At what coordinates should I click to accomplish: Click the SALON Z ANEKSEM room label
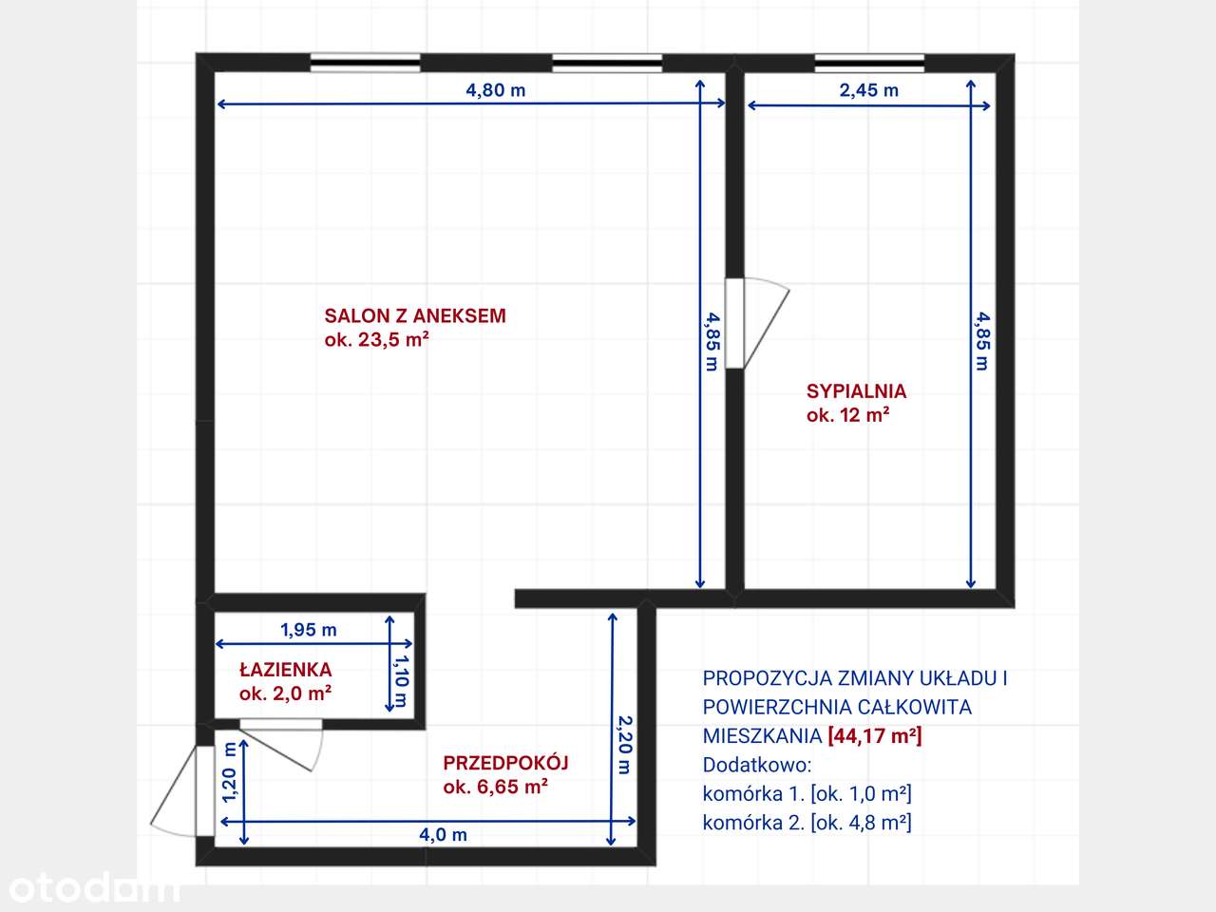(x=415, y=316)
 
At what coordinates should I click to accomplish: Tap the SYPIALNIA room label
(x=856, y=390)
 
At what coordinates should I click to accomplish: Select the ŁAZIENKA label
(x=285, y=670)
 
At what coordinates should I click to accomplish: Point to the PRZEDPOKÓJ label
(x=505, y=763)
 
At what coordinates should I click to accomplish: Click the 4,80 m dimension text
(x=495, y=90)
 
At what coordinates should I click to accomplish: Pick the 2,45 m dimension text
(x=868, y=90)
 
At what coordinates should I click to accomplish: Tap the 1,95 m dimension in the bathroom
(x=308, y=630)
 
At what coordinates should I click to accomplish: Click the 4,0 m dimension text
(x=443, y=835)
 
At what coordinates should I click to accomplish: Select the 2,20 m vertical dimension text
(x=624, y=745)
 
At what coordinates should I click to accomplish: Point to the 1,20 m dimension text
(x=229, y=771)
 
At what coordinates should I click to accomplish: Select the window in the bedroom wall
(x=869, y=63)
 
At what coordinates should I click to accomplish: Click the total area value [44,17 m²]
(x=875, y=735)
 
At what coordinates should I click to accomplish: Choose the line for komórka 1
(x=807, y=794)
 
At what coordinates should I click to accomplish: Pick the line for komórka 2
(x=807, y=823)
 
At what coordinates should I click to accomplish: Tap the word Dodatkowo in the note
(x=757, y=765)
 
